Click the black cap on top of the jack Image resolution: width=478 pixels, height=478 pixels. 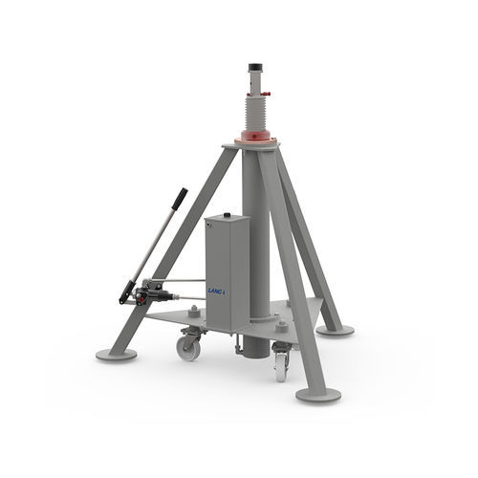pos(255,68)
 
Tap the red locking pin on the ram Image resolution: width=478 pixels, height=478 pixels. pos(265,94)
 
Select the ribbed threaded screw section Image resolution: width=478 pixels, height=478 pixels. pos(256,114)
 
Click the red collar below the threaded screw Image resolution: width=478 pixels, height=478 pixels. pos(255,136)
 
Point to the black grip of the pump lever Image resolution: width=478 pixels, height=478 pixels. pos(180,199)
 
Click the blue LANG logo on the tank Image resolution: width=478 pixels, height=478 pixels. pos(216,291)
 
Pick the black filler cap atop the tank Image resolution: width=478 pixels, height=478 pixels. pos(227,215)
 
